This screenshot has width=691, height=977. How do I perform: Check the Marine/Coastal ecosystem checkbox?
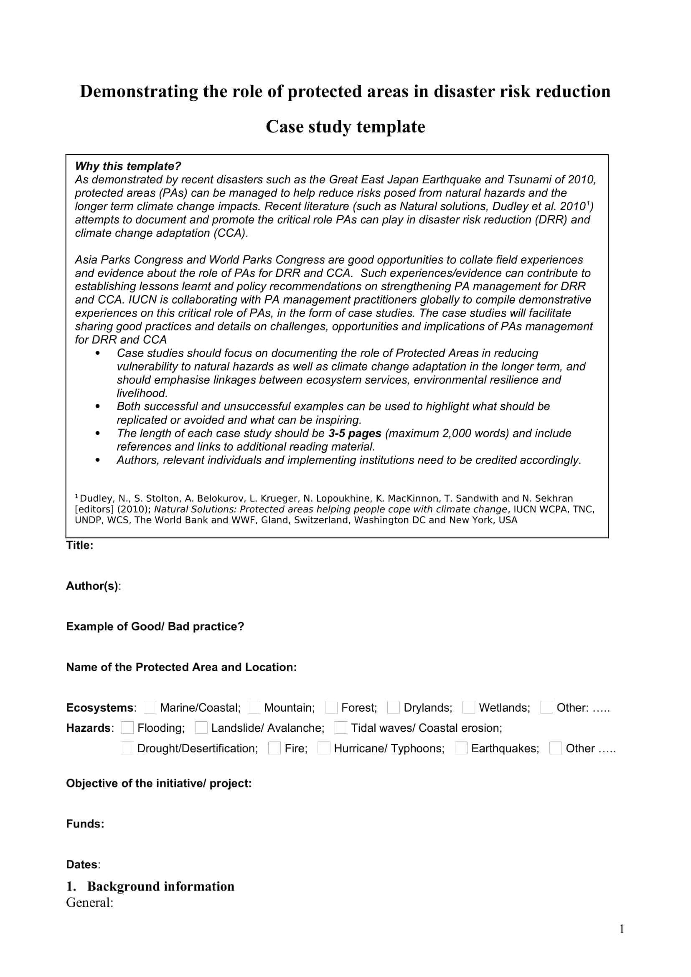[150, 707]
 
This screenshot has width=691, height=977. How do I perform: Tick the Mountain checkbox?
[254, 707]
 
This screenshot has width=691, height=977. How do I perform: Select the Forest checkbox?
[331, 707]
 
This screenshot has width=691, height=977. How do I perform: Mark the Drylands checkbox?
[394, 707]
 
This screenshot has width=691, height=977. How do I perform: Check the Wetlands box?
[468, 707]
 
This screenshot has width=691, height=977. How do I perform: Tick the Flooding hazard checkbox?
[127, 728]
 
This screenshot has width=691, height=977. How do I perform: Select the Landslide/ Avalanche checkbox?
[201, 728]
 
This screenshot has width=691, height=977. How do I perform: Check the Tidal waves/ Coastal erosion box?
[341, 728]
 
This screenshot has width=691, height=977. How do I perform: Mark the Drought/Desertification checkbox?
[127, 748]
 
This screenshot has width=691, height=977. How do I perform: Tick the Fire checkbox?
[274, 748]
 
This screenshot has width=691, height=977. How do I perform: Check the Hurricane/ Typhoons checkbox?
[324, 748]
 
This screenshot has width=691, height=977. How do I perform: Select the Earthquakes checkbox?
[461, 748]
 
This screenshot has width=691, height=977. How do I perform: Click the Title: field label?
[79, 546]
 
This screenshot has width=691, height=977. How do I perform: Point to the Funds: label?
[85, 824]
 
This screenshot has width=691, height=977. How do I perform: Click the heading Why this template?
[128, 166]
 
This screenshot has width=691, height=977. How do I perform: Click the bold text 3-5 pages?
[354, 433]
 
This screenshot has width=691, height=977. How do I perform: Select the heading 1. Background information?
[150, 886]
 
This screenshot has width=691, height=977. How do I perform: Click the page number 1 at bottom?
[622, 929]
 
